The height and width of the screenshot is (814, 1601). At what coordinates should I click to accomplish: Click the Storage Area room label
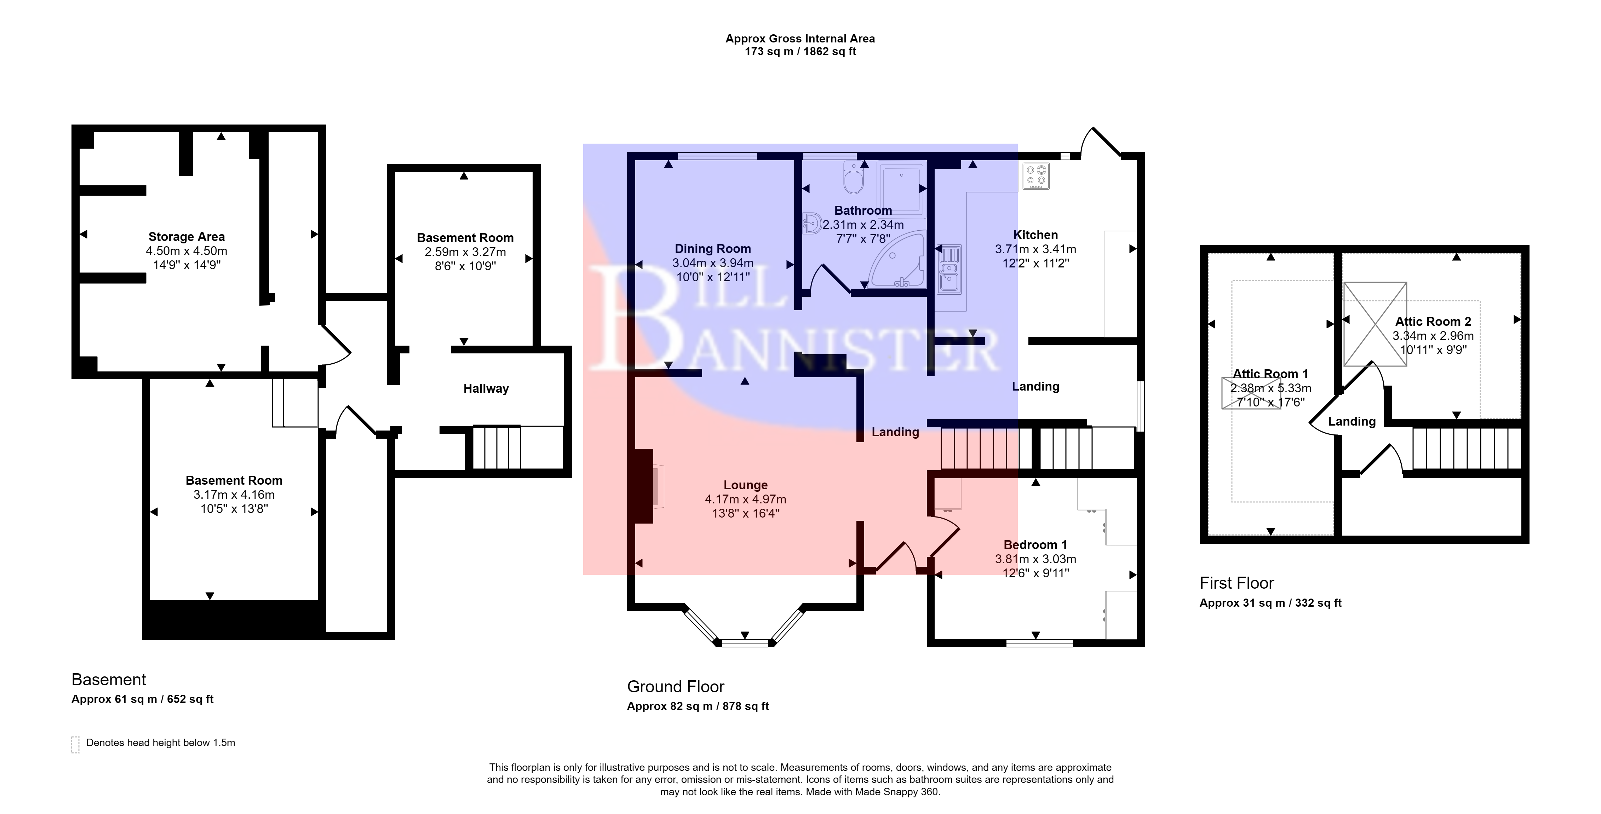[x=187, y=237]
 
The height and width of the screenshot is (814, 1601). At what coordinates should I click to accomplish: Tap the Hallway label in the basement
[x=486, y=388]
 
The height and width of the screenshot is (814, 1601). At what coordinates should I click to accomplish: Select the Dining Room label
[x=713, y=249]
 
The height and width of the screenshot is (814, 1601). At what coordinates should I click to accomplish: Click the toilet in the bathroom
[x=853, y=177]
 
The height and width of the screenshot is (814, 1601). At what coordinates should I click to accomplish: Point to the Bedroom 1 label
[x=1035, y=545]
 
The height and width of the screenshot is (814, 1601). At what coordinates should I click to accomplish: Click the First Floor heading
[x=1237, y=583]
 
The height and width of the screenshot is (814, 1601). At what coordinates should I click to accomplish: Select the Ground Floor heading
[x=676, y=687]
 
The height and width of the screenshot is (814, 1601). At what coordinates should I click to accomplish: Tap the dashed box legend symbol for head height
[x=75, y=744]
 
